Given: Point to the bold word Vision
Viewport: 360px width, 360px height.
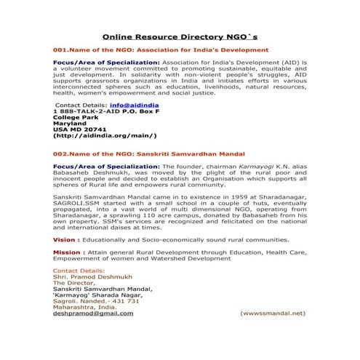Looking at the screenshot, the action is coord(65,239).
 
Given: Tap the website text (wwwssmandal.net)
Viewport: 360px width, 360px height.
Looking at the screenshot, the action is coord(273,313).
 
